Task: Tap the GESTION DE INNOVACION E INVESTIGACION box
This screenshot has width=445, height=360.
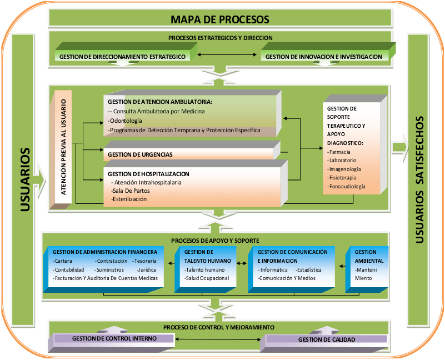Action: [323, 57]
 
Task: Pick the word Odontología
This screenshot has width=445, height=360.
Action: [126, 121]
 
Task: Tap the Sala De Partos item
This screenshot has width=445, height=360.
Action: [131, 191]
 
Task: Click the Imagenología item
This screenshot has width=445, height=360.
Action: [344, 169]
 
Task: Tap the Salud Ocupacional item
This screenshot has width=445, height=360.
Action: [207, 278]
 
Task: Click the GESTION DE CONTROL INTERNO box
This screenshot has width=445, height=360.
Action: [114, 338]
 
